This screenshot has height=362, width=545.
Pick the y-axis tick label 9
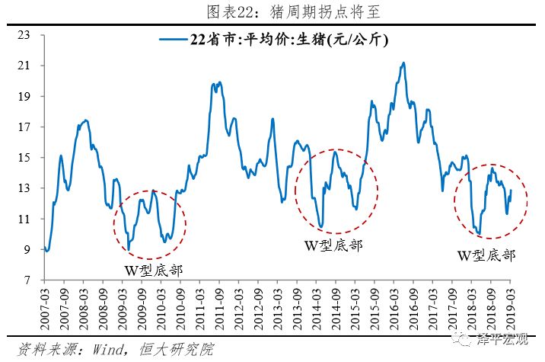click(27, 250)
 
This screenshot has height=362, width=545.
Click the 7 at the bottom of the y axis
click(27, 280)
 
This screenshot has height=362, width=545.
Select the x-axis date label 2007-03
click(47, 306)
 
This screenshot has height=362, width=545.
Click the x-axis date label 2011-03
click(201, 306)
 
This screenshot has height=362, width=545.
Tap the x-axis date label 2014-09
click(336, 306)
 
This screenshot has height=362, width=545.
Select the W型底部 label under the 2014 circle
click(333, 245)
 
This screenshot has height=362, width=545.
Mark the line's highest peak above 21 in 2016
click(403, 63)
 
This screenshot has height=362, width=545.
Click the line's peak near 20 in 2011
click(220, 82)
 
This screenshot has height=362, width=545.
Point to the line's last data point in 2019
click(511, 191)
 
